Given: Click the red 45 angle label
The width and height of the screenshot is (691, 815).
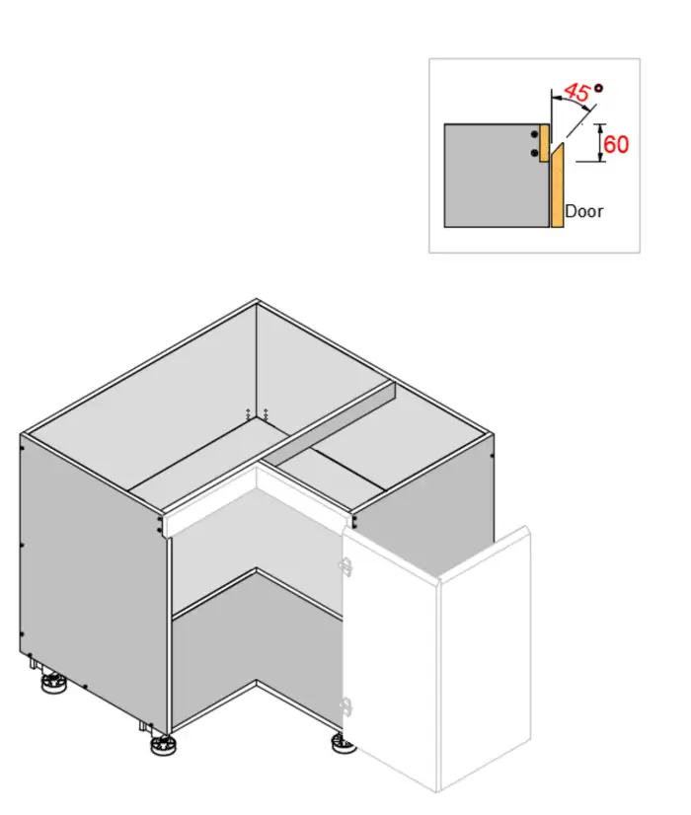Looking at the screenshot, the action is [577, 93].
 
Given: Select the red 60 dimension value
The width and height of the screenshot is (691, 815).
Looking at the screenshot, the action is [616, 144].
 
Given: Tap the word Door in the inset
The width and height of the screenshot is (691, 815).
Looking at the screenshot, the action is [583, 211].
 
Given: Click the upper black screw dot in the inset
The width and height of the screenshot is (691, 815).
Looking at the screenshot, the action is [534, 134].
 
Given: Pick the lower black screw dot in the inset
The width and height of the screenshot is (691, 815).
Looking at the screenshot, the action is [534, 153].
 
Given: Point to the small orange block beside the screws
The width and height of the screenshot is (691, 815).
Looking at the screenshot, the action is [544, 143].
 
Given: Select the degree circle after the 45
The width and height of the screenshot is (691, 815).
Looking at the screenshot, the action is [599, 88].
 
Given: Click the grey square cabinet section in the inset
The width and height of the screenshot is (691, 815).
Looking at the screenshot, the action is [496, 176].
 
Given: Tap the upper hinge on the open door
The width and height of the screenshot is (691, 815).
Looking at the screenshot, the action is [345, 565].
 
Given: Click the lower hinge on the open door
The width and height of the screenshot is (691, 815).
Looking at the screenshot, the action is [345, 706].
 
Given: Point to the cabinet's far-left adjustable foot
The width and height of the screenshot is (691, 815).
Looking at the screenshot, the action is [54, 683].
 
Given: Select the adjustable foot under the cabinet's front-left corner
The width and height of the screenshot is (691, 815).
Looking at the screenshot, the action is [163, 746].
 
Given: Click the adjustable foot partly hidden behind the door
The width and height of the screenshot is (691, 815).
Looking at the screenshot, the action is [344, 743].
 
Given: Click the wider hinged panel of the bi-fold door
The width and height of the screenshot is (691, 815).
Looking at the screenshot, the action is [391, 655].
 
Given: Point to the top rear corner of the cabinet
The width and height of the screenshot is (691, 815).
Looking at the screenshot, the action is [257, 299].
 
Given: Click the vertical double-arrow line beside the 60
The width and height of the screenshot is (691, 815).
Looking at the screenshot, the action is [601, 142].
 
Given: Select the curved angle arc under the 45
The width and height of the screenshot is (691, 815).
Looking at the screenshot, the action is [571, 102].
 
